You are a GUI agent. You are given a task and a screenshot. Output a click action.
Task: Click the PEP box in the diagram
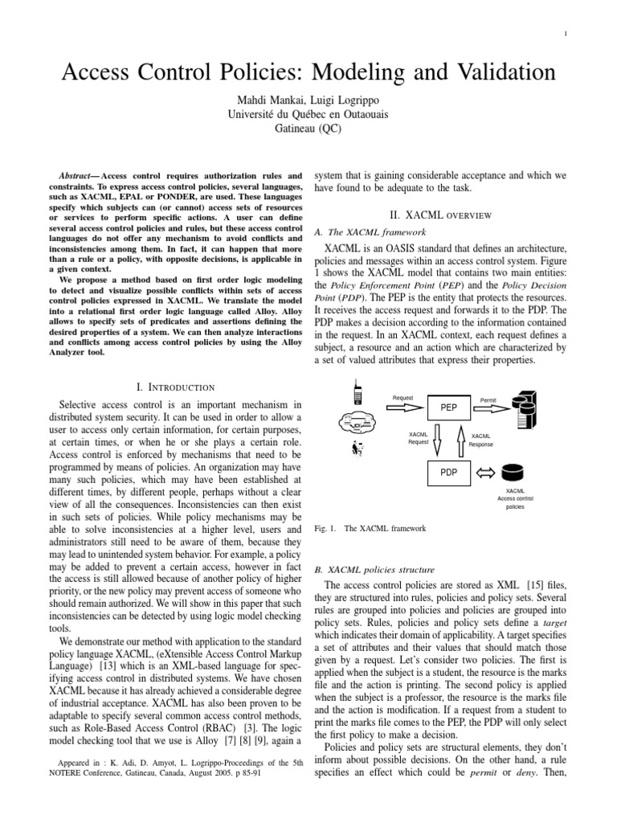(448, 407)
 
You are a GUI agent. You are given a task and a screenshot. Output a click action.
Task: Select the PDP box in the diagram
(448, 473)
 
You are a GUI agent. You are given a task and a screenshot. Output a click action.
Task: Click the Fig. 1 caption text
(369, 529)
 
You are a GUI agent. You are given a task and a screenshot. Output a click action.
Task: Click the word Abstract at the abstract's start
(80, 174)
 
